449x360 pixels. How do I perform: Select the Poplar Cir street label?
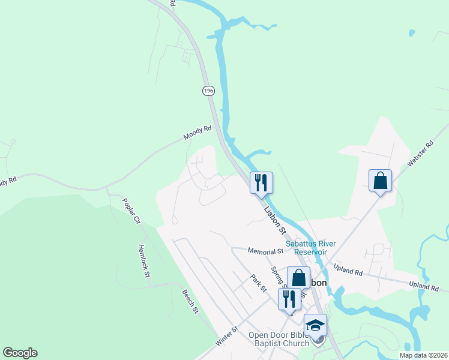pyautogui.click(x=131, y=211)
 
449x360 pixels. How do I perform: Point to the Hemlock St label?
pyautogui.click(x=143, y=260)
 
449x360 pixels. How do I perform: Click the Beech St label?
pyautogui.click(x=190, y=301)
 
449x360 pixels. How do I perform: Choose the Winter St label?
pyautogui.click(x=228, y=336)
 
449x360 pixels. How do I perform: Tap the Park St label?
pyautogui.click(x=258, y=283)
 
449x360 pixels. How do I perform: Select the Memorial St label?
pyautogui.click(x=265, y=250)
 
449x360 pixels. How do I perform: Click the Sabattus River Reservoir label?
pyautogui.click(x=310, y=248)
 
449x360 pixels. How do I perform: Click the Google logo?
pyautogui.click(x=20, y=353)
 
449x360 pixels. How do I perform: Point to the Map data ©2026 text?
pyautogui.click(x=423, y=355)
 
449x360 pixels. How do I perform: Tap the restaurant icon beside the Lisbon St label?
pyautogui.click(x=261, y=182)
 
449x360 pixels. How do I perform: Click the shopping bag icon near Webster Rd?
pyautogui.click(x=380, y=180)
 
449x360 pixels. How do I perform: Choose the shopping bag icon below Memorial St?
pyautogui.click(x=298, y=278)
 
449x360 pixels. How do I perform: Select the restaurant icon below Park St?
pyautogui.click(x=289, y=299)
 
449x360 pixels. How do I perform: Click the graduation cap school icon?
pyautogui.click(x=315, y=325)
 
